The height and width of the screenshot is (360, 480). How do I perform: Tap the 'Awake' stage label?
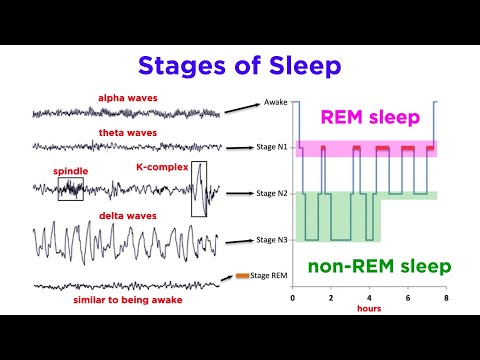(x=276, y=102)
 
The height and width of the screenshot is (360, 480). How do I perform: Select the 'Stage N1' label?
(x=273, y=147)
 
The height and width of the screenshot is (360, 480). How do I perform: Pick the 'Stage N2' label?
(x=273, y=192)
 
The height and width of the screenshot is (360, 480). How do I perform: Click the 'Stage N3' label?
(x=273, y=240)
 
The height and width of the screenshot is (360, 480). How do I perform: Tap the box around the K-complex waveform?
(x=200, y=188)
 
